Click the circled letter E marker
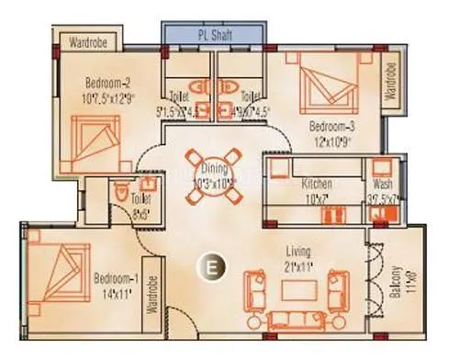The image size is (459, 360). [x=211, y=269]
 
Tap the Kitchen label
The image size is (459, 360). [x=317, y=185]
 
